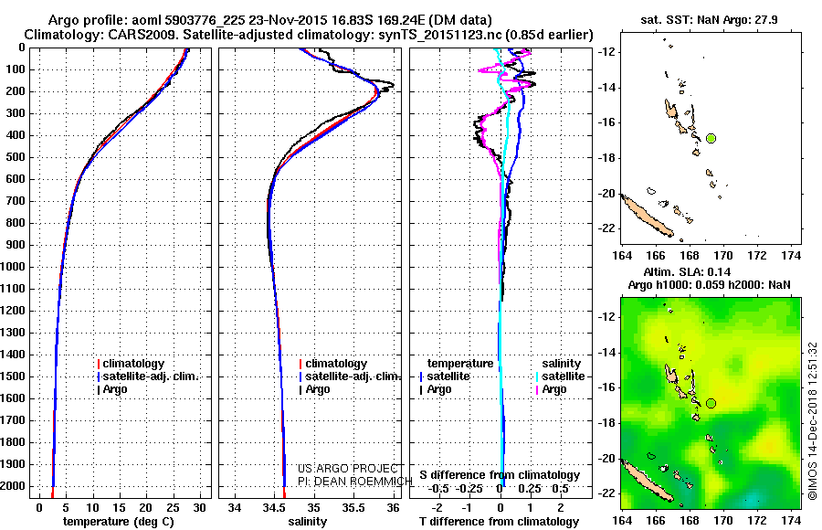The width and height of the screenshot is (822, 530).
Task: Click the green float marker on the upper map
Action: pyautogui.click(x=711, y=138)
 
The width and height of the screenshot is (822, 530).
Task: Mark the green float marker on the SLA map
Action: pyautogui.click(x=711, y=403)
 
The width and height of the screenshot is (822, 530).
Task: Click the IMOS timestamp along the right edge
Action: pyautogui.click(x=812, y=422)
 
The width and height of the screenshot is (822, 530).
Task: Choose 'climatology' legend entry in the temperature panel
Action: pyautogui.click(x=133, y=364)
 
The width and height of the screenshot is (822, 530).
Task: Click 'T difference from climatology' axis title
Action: pyautogui.click(x=500, y=521)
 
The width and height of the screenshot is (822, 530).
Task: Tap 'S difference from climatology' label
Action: pyautogui.click(x=500, y=475)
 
